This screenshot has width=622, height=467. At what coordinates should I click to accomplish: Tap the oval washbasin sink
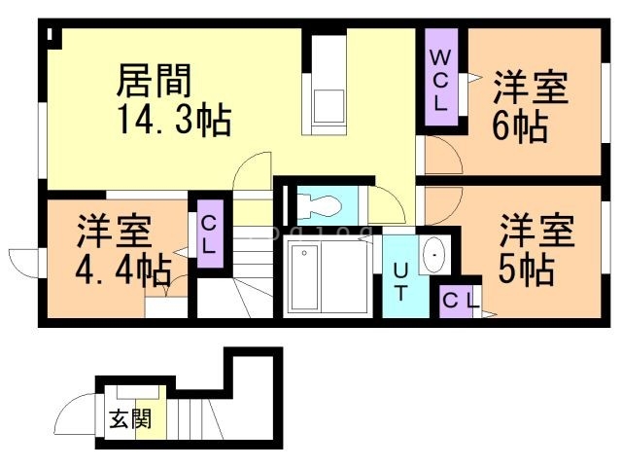[x=433, y=256]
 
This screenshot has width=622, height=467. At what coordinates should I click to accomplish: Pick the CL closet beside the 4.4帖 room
[x=207, y=233]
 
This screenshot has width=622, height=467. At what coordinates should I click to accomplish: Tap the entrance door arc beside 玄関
[x=76, y=416]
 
